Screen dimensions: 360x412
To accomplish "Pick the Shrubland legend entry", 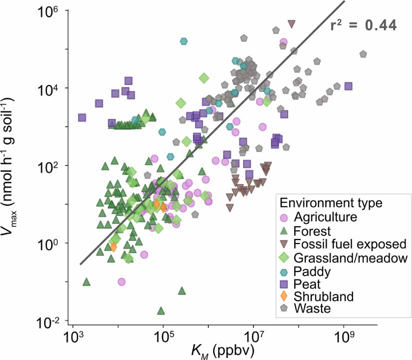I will (x=324, y=296).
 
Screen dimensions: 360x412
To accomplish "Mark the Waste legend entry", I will (x=312, y=308).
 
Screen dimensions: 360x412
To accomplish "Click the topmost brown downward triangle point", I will (x=292, y=23).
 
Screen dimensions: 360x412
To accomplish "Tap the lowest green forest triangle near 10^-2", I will (x=161, y=310).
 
